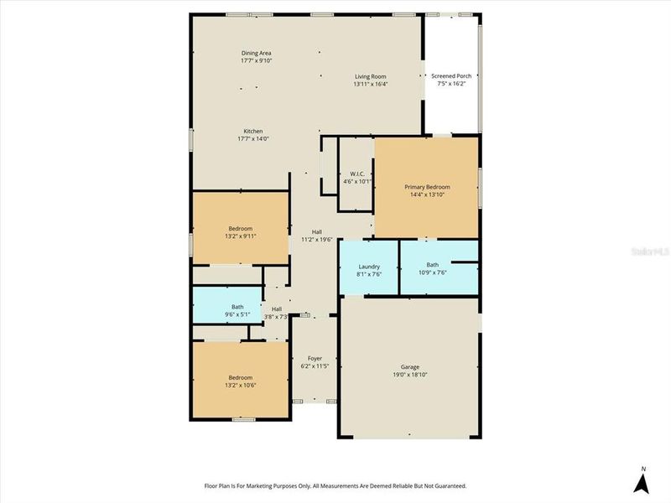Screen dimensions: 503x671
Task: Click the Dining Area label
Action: click(256, 53)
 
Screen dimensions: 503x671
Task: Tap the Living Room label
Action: click(370, 76)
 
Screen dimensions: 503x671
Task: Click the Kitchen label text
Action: click(253, 132)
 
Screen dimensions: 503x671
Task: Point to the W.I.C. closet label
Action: click(356, 174)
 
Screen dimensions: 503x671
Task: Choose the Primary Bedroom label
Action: click(427, 187)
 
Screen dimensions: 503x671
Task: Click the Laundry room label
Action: click(369, 267)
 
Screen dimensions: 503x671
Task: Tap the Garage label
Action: click(409, 367)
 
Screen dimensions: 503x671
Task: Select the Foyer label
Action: click(315, 359)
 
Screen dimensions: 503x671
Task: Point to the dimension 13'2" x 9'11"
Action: click(241, 236)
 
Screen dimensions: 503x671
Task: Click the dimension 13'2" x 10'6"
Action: click(241, 385)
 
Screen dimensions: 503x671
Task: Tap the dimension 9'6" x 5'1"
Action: click(237, 315)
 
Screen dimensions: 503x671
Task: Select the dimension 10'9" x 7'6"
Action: click(432, 272)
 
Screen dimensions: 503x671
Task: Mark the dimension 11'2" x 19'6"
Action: click(317, 240)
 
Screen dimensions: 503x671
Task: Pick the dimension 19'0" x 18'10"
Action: click(409, 375)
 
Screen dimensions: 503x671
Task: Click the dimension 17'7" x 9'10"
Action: click(256, 60)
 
